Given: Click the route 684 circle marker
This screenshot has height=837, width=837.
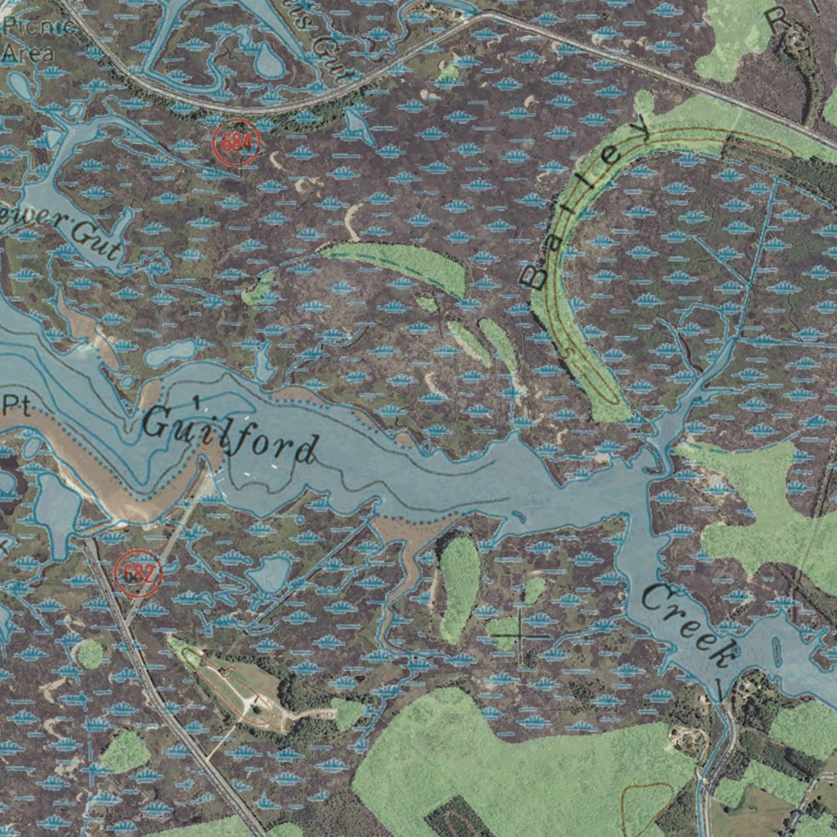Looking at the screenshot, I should pos(236,143).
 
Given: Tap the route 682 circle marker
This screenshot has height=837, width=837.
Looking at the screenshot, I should pos(138,574).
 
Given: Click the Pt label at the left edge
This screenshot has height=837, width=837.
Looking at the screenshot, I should pos(16,406).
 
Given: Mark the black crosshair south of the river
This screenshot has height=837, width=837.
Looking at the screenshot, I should pos(521,633).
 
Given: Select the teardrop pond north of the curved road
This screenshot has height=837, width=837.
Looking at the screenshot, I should pos(268,60).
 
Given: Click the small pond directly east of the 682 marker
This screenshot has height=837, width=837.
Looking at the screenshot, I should pos(271,574).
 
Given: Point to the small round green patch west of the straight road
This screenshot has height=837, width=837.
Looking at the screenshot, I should pos(89,654).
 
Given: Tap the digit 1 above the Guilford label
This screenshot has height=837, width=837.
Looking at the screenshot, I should pos(196,400).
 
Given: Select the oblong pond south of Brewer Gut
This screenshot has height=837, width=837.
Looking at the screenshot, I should pos(171,353).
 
